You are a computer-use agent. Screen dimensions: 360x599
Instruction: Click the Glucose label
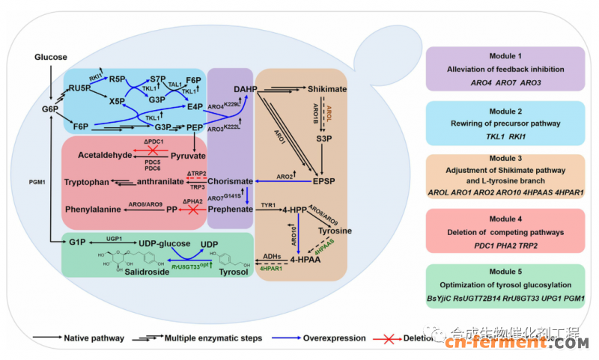point(51,57)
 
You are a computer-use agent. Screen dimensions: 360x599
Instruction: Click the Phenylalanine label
point(94,210)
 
